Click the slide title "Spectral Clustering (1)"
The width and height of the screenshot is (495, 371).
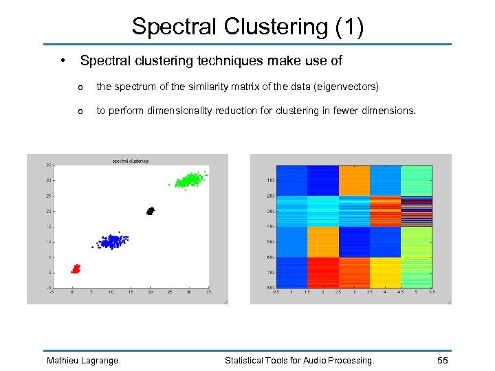[247, 26]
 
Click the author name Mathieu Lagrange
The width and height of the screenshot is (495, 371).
[83, 360]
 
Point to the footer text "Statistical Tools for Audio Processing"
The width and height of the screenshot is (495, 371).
[300, 360]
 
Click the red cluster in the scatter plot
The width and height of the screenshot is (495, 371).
[76, 268]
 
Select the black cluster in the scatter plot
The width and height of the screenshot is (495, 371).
[151, 211]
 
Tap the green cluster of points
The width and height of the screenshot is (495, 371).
[186, 181]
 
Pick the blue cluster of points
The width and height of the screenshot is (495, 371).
[110, 241]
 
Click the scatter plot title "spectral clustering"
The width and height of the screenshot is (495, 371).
[130, 161]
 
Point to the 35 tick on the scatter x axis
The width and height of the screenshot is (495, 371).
[208, 292]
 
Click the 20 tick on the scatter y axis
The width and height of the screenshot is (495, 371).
[49, 211]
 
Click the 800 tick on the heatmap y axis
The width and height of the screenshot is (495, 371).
[269, 287]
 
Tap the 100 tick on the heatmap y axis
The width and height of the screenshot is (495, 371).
[269, 181]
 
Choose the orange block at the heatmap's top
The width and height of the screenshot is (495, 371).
[354, 180]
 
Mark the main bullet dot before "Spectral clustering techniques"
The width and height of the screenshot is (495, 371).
[63, 60]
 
